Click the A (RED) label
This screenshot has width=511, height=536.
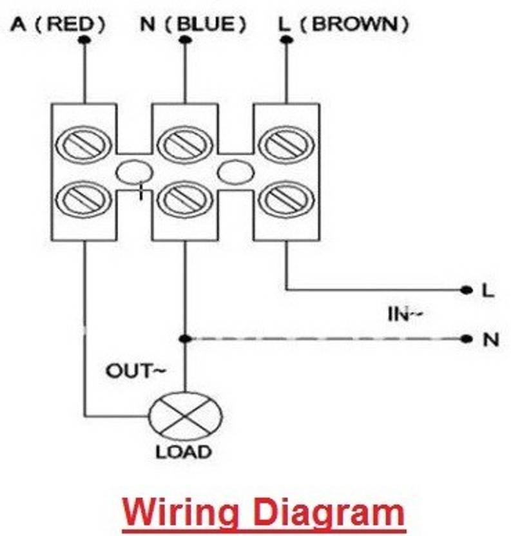[x=57, y=24]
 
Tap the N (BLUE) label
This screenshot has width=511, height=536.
[x=193, y=24]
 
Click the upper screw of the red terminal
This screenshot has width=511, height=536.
[x=84, y=144]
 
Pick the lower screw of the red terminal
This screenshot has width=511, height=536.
[x=84, y=199]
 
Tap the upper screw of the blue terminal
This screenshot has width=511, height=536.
[x=185, y=144]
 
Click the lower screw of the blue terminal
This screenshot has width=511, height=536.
[x=185, y=199]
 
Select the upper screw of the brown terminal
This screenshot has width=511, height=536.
[x=286, y=144]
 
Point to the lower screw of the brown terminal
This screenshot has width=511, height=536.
[x=286, y=199]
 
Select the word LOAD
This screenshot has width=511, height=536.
[x=183, y=452]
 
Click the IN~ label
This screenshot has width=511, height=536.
[x=404, y=314]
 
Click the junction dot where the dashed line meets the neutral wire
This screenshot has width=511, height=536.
[x=185, y=338]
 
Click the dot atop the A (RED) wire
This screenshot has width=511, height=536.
[x=84, y=40]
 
